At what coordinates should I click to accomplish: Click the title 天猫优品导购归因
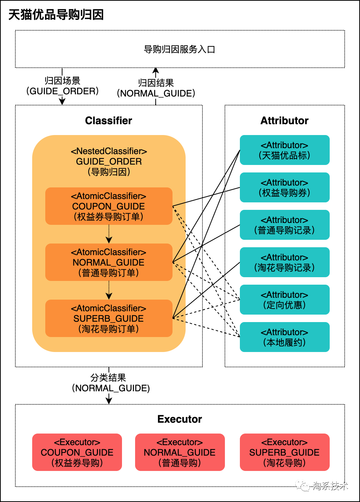[56, 15]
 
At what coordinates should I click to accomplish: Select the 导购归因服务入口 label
[180, 49]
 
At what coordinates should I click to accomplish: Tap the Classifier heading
[109, 120]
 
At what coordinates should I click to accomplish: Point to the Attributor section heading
[284, 120]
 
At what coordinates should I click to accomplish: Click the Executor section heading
[180, 419]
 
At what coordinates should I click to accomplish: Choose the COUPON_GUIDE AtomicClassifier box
[109, 206]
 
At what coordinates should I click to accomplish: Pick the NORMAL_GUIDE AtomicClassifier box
[109, 262]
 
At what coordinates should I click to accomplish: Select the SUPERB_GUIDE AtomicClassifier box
[109, 318]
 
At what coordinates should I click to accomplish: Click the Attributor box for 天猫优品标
[284, 150]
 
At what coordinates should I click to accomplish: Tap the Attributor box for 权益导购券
[284, 187]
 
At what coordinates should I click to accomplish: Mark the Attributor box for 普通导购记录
[284, 225]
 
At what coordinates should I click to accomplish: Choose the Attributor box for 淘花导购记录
[284, 262]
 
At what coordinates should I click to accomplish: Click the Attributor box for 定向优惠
[284, 300]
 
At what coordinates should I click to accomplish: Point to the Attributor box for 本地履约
[284, 337]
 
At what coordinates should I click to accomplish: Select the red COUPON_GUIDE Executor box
[77, 452]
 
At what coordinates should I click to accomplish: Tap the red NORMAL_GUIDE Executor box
[180, 452]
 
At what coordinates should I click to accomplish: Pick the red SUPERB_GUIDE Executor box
[284, 452]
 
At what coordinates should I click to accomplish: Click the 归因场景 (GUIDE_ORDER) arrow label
[62, 86]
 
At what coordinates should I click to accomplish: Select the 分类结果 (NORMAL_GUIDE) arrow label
[111, 383]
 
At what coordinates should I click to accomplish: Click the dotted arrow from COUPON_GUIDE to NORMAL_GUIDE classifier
[109, 234]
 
